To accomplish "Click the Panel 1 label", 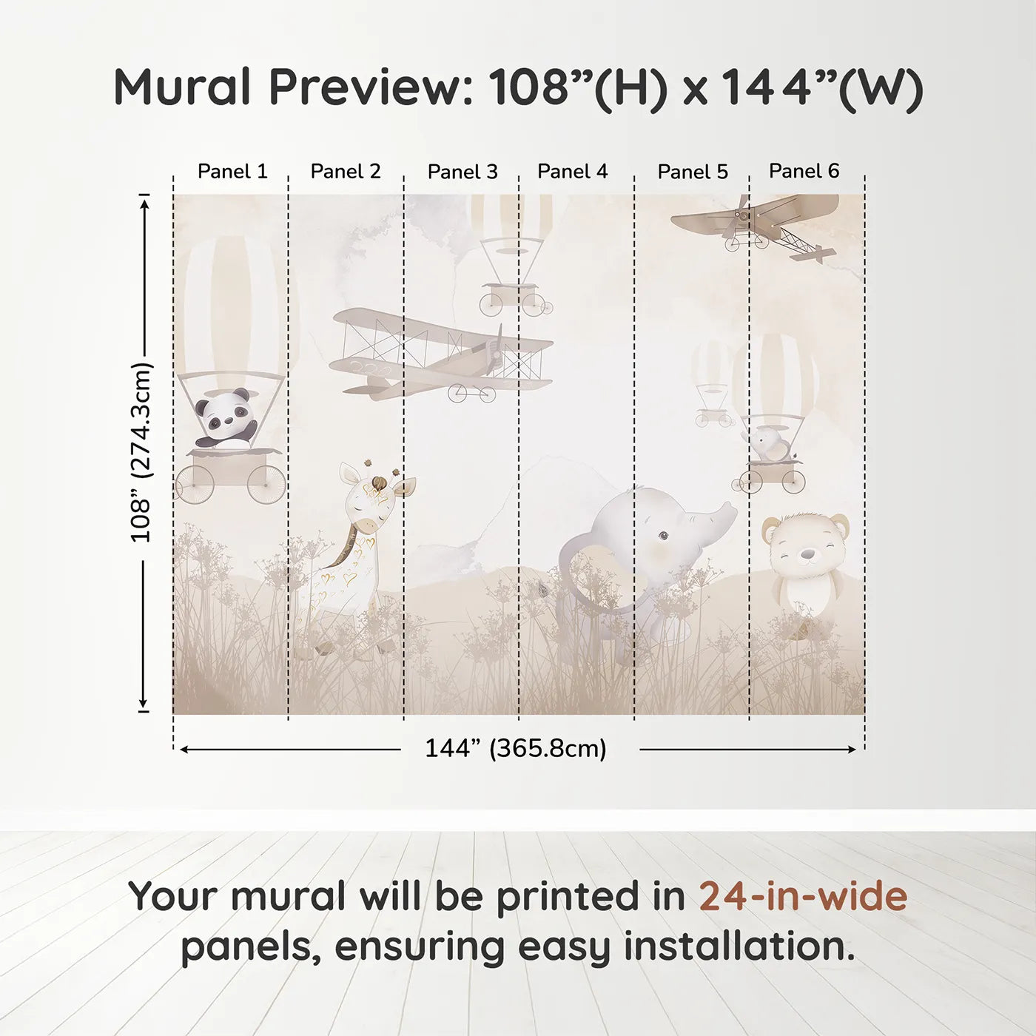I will (232, 172).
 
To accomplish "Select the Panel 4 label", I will (572, 172).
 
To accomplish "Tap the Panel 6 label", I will (804, 172).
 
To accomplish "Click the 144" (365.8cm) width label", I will (515, 749).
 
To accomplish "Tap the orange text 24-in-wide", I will (803, 896).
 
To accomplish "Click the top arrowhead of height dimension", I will (144, 201).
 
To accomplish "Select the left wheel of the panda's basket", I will (195, 485).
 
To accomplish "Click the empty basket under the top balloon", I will (516, 296).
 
